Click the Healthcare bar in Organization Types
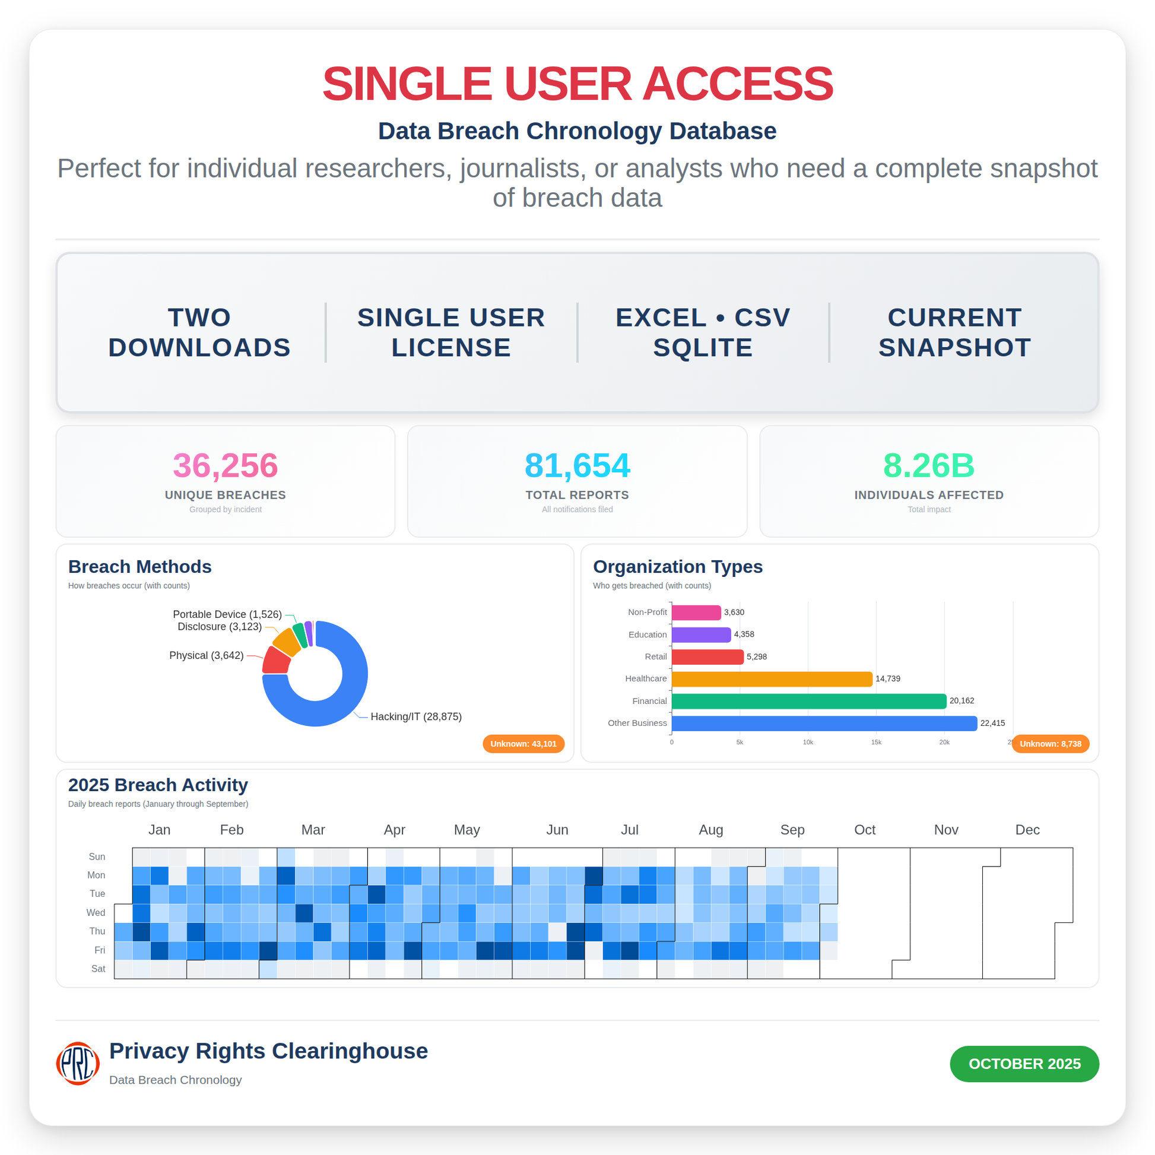click(771, 678)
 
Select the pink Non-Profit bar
click(696, 612)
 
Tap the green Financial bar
click(808, 700)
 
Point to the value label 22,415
click(992, 723)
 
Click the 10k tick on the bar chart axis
click(808, 742)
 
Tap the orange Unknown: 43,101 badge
click(523, 744)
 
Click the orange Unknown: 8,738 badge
click(1050, 744)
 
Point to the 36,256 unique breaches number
click(226, 466)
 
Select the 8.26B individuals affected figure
click(928, 466)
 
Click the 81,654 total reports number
click(577, 466)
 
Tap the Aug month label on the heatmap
click(711, 830)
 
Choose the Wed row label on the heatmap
click(96, 912)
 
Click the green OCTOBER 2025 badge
click(1024, 1064)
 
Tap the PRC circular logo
click(78, 1064)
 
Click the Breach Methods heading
click(140, 567)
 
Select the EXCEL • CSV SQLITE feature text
click(703, 332)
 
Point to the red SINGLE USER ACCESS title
click(577, 84)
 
